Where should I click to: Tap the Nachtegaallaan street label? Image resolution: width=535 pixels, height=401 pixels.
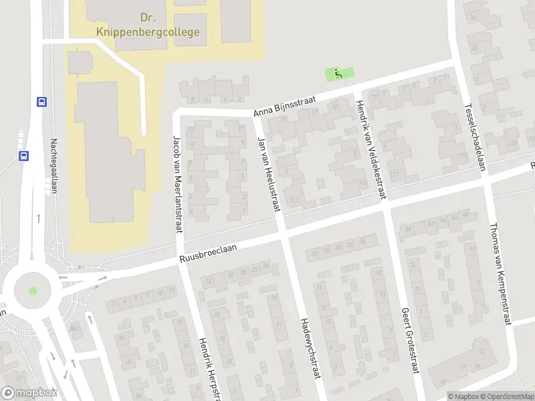pyautogui.click(x=54, y=166)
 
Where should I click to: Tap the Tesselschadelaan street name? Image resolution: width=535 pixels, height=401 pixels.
pyautogui.click(x=473, y=134)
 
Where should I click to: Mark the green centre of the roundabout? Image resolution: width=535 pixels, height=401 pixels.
pyautogui.click(x=33, y=291)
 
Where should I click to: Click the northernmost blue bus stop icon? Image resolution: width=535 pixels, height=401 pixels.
pyautogui.click(x=41, y=102)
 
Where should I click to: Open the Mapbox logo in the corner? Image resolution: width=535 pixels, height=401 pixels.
pyautogui.click(x=29, y=392)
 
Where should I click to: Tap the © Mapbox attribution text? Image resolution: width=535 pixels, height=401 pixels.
pyautogui.click(x=463, y=396)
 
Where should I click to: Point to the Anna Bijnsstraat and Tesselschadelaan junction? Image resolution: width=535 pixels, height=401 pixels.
pyautogui.click(x=457, y=65)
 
